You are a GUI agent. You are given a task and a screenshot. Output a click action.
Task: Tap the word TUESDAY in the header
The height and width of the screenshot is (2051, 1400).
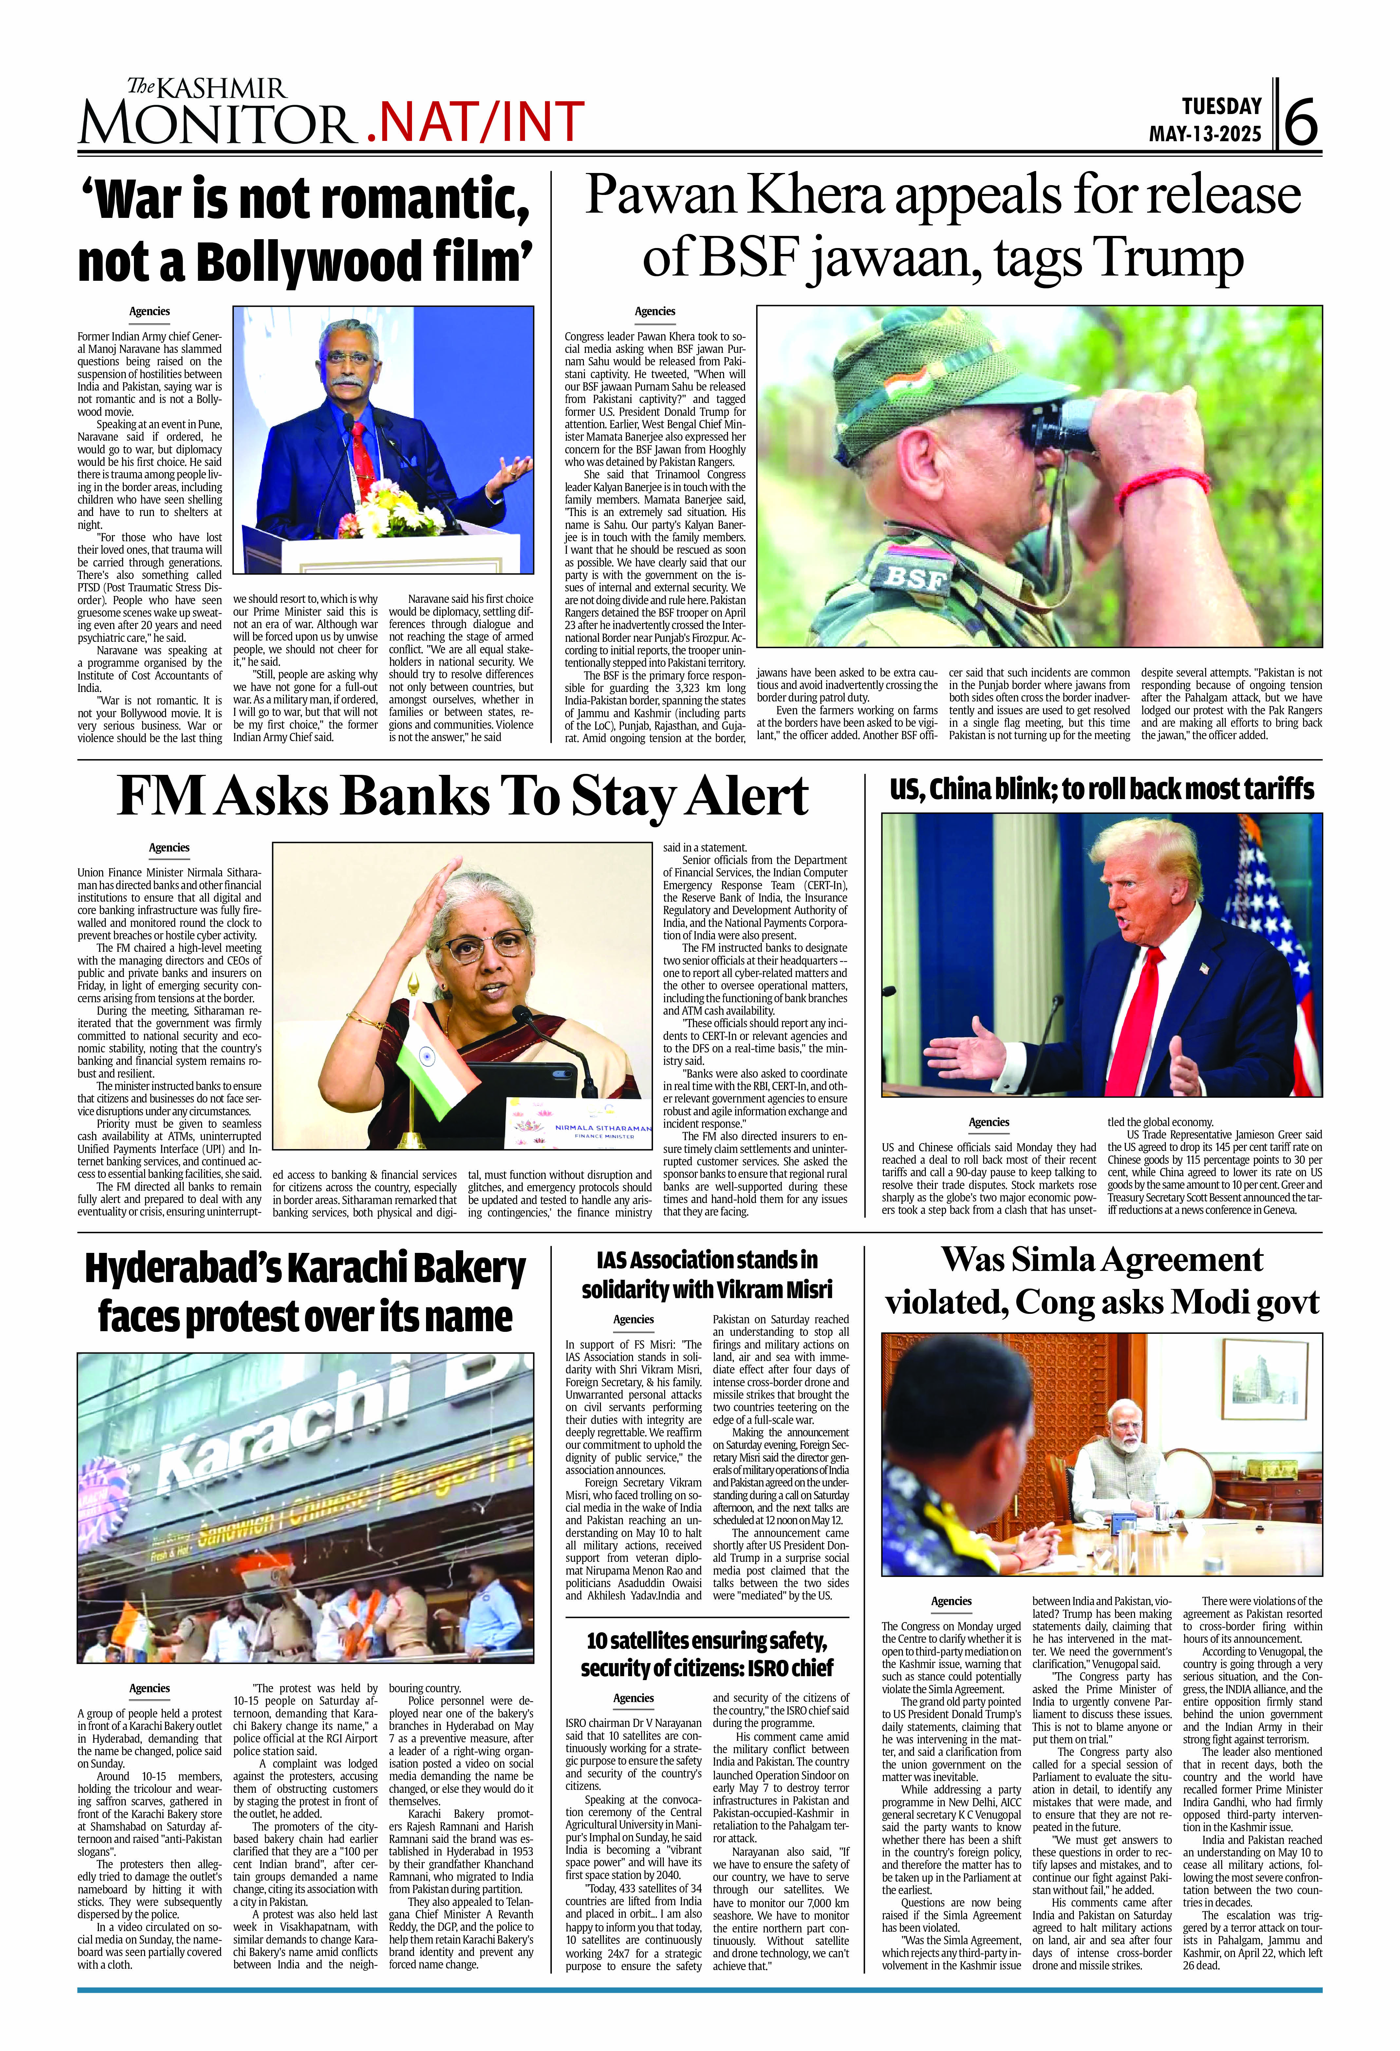[x=1222, y=107]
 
